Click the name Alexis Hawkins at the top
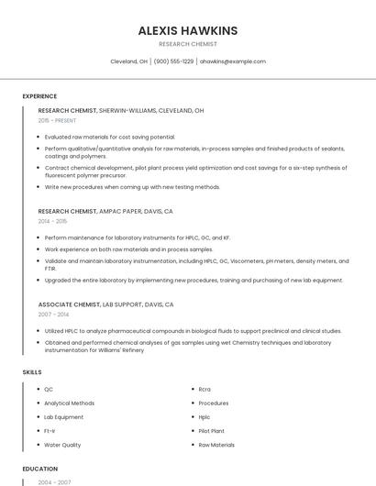187,30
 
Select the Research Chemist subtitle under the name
187,44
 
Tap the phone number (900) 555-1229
173,61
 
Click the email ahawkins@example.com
233,61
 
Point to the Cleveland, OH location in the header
128,61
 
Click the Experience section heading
39,96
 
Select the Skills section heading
31,372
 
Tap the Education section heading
39,469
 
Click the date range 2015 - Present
57,120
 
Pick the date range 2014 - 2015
52,221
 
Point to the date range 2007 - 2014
52,314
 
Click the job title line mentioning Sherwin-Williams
121,110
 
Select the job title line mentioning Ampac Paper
105,211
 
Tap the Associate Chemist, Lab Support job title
105,304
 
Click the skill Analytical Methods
70,403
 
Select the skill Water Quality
62,445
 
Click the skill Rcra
205,389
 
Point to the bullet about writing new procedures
133,187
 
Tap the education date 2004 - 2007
54,481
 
